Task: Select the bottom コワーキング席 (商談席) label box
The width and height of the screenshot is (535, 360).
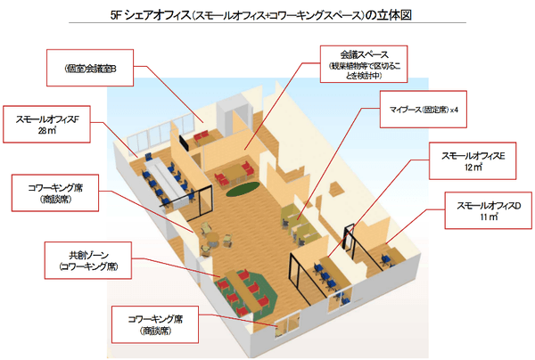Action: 154,323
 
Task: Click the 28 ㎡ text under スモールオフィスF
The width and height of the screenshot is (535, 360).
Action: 47,131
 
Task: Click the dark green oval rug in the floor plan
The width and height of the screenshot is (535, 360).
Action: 238,188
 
